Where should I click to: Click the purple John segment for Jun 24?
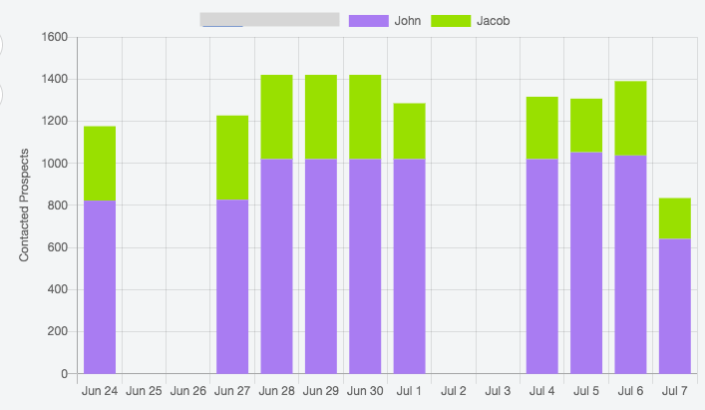(x=100, y=287)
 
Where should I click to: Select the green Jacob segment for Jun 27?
(x=232, y=158)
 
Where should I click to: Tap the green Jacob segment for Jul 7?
(x=675, y=218)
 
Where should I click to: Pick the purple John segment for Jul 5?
(x=586, y=263)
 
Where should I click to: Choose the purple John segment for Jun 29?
(x=320, y=266)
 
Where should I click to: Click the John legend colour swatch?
(x=368, y=20)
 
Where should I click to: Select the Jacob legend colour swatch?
(x=451, y=20)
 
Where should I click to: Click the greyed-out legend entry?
(x=270, y=20)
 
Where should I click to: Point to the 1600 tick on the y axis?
(x=55, y=37)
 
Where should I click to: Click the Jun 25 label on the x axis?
(x=144, y=391)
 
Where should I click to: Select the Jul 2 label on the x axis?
(x=454, y=391)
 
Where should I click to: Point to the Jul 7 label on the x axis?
(x=675, y=391)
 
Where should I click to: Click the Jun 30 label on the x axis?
(x=365, y=391)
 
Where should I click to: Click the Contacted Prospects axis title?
(x=25, y=205)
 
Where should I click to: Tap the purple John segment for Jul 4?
(x=541, y=266)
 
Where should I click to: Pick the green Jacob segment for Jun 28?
(x=276, y=117)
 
